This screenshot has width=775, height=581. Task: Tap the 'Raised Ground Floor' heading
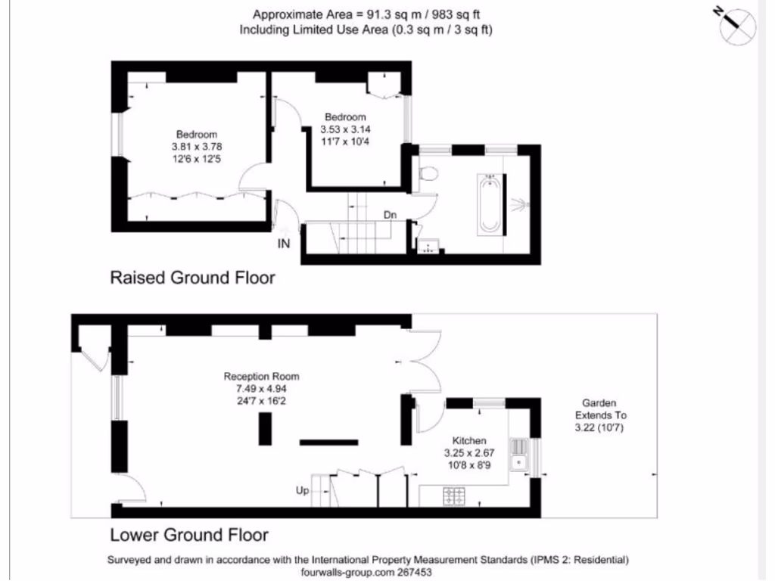coord(193,278)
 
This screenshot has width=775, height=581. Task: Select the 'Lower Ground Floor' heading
coord(189,536)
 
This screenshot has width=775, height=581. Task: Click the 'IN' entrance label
coord(284,244)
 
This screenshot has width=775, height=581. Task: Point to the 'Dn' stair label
coord(390,216)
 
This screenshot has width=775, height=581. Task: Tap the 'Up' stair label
coord(302,491)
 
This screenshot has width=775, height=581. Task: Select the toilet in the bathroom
coord(428,173)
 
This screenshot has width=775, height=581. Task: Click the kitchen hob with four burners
coord(454,496)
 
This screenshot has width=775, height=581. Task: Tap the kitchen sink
coord(520,455)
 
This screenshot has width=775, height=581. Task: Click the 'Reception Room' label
coord(261,377)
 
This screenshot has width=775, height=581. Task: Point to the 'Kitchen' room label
coord(469,441)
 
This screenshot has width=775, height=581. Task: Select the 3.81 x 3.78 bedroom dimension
coord(197,147)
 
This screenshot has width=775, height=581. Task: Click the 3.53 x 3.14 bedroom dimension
coord(345,129)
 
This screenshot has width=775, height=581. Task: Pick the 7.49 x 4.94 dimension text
coord(261,389)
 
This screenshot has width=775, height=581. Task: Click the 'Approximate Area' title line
coord(366,14)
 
